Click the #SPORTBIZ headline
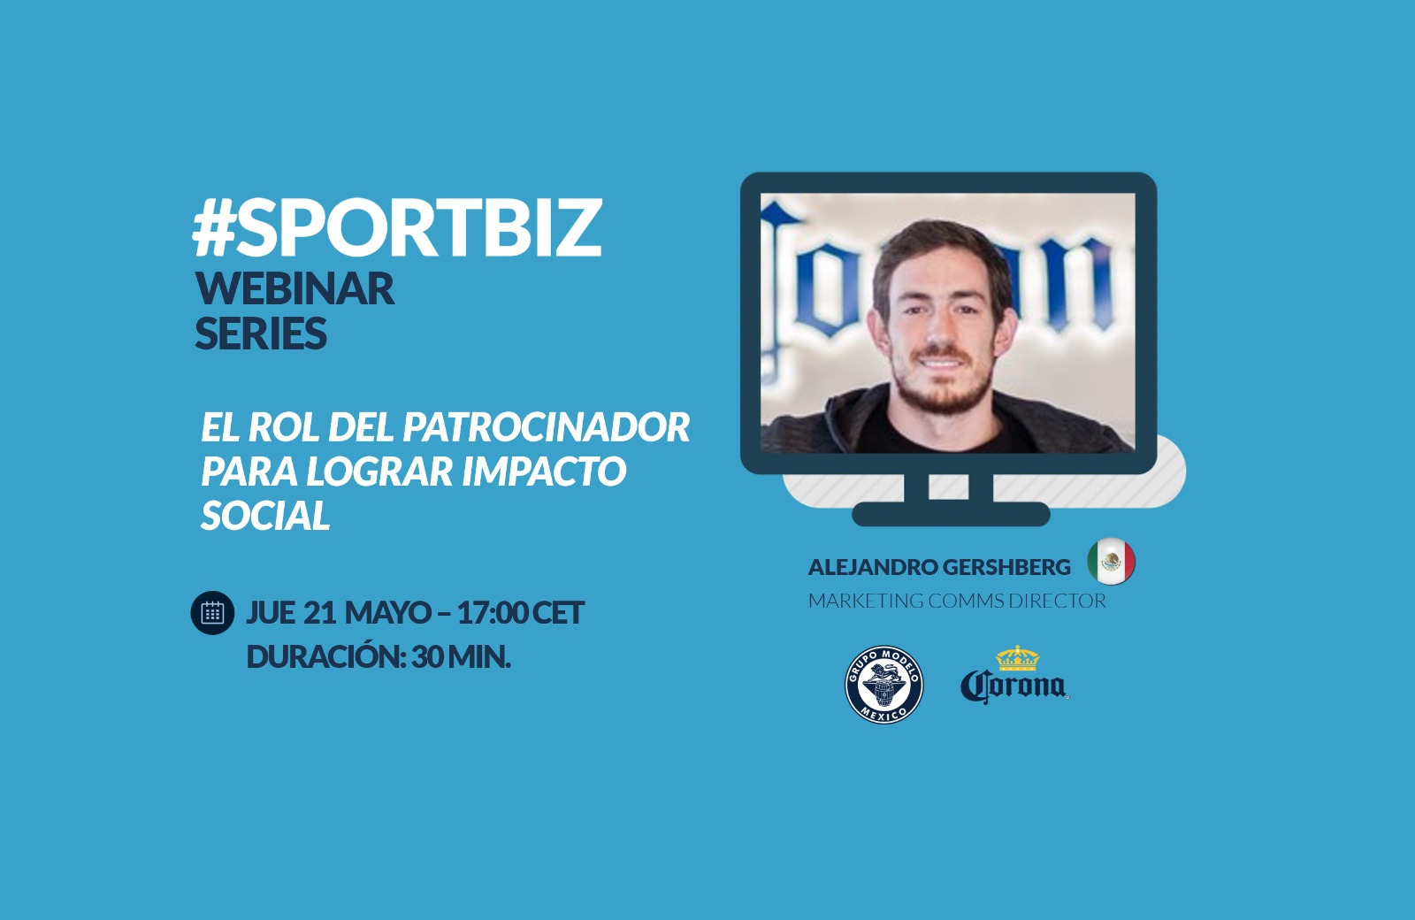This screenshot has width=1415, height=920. coord(397,228)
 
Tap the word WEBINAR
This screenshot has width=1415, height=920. coord(295,288)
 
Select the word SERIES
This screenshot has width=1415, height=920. coord(261,333)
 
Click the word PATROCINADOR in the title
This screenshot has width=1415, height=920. coord(546,427)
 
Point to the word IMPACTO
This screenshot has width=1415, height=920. coord(544,471)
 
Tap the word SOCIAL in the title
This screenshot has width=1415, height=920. coord(265,515)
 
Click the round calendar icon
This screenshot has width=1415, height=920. coord(212,612)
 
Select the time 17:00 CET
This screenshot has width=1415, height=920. coord(521,612)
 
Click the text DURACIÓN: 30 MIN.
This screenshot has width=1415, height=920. coord(379,657)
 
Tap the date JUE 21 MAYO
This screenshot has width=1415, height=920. coord(339,612)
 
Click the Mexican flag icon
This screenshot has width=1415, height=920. coord(1111,561)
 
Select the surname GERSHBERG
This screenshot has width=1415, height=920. coord(1006,567)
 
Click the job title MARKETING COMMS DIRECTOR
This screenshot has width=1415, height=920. coord(957,601)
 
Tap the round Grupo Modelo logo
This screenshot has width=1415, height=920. coord(883,685)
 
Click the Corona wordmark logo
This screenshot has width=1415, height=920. coord(1014,686)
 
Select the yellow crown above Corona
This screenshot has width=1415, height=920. coord(1017,658)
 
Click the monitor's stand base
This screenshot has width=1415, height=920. coord(951,514)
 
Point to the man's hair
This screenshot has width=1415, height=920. coord(941,253)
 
